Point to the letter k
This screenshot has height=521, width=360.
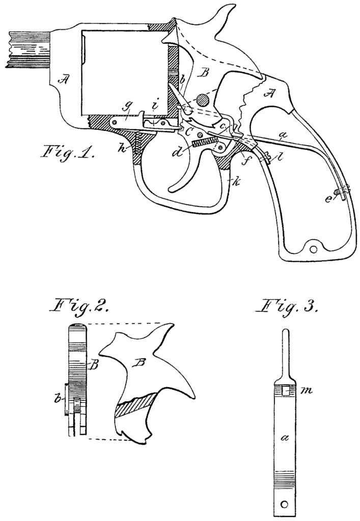tap(234, 180)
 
